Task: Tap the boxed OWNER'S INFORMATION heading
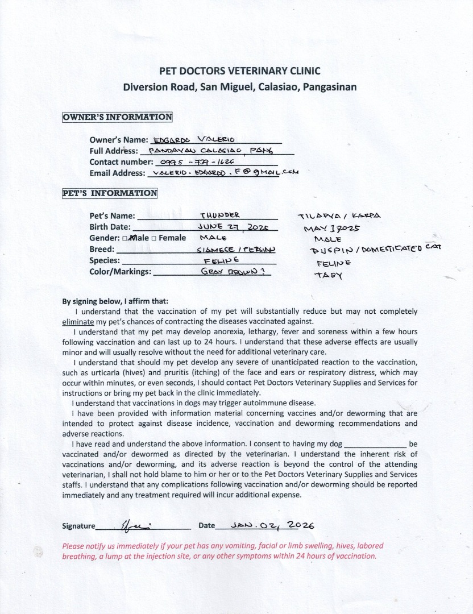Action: click(x=117, y=117)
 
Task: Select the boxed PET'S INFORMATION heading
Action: click(x=110, y=193)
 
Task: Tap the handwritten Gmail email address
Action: click(x=223, y=172)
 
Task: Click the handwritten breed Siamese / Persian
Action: click(x=236, y=249)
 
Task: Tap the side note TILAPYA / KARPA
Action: click(x=339, y=216)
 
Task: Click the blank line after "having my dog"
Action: click(x=376, y=443)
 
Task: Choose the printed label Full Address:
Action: click(x=114, y=151)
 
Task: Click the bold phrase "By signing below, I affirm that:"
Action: click(x=115, y=301)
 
